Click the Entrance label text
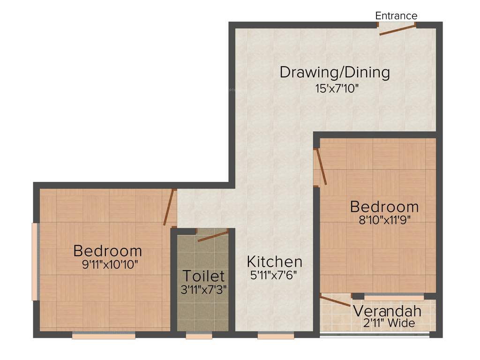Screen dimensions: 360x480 click(396, 16)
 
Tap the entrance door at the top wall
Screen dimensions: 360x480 click(397, 30)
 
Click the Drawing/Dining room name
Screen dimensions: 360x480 click(335, 73)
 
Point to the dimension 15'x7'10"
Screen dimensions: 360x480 click(337, 89)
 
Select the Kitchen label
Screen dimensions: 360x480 click(275, 262)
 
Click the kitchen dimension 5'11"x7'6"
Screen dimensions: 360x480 click(275, 275)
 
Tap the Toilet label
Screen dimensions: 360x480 click(203, 276)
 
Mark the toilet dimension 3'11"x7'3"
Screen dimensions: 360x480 click(204, 289)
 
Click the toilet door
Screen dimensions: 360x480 click(212, 235)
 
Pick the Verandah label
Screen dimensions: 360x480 click(387, 311)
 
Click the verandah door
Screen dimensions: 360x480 click(335, 300)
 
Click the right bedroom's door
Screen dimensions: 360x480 click(320, 167)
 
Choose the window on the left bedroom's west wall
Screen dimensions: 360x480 click(35, 262)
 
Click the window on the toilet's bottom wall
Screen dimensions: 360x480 click(199, 335)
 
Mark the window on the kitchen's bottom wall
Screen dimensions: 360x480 click(276, 335)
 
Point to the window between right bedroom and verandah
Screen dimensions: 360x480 click(394, 296)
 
